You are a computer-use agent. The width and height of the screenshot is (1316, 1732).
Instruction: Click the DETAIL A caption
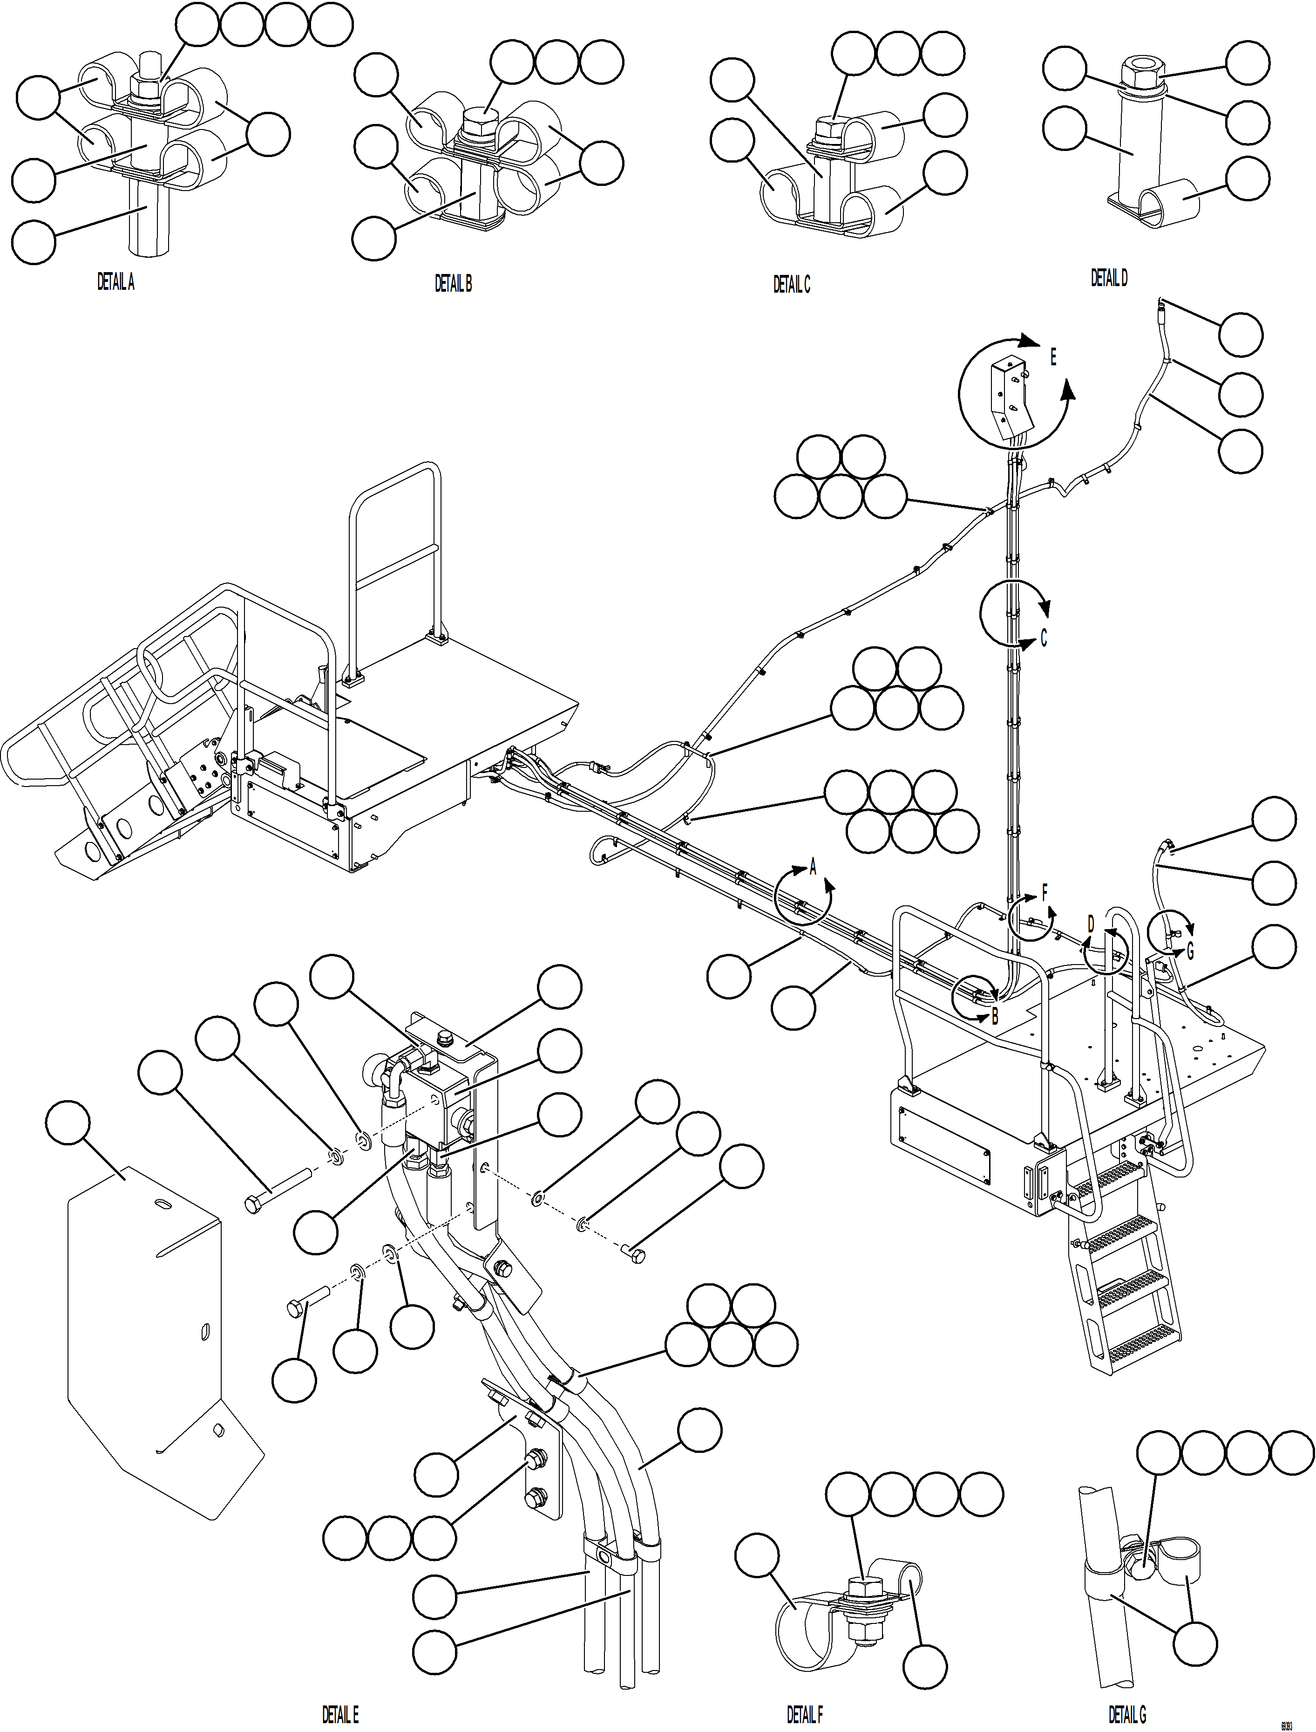click(115, 282)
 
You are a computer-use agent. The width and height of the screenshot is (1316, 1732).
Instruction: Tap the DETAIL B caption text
click(453, 284)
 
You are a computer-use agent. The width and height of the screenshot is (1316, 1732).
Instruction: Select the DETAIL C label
click(791, 285)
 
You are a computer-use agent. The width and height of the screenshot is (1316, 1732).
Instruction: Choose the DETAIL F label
click(805, 1713)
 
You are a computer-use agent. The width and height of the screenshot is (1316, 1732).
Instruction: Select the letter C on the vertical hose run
click(1044, 639)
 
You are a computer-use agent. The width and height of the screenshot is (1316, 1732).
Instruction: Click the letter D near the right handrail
click(1091, 925)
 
